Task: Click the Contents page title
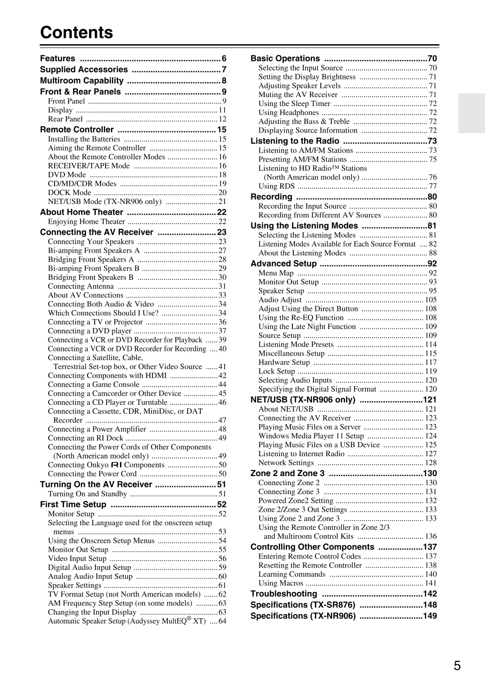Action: point(77,32)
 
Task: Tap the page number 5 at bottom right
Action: point(457,666)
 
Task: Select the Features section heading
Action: point(58,59)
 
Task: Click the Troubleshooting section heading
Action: point(284,594)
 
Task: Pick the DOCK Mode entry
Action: point(69,193)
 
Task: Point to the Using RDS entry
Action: point(277,186)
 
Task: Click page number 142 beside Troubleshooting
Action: point(430,594)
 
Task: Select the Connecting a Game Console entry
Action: point(93,384)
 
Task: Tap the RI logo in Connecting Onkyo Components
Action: point(116,465)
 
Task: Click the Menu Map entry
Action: point(276,273)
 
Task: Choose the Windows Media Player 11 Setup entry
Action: point(311,436)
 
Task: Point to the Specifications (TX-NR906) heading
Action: point(303,616)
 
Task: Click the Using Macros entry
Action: point(281,583)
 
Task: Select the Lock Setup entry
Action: point(277,371)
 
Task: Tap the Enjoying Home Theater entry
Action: point(86,222)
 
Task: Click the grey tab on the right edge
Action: point(471,113)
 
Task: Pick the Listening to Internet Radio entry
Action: point(301,454)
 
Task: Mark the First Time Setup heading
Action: point(73,504)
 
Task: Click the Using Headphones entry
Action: point(288,113)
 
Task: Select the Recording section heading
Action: point(271,197)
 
